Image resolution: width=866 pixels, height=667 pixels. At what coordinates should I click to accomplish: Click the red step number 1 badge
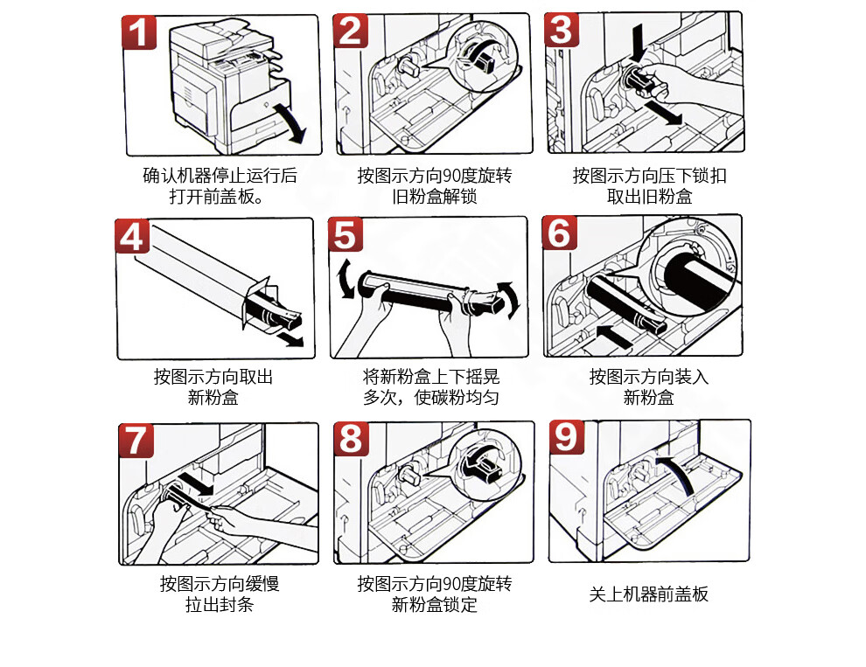[x=138, y=32]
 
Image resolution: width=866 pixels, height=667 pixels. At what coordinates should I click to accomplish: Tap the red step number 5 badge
[x=346, y=234]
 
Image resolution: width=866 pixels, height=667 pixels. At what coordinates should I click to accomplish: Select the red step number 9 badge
[x=566, y=437]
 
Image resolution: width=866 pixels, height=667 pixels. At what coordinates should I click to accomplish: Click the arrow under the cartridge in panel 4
[x=290, y=339]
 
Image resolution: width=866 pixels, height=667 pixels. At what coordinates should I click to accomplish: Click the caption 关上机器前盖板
[x=648, y=594]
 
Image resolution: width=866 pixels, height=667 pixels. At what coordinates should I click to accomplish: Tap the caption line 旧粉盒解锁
[x=434, y=197]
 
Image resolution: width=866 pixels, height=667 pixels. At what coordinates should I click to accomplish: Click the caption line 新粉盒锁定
[x=434, y=605]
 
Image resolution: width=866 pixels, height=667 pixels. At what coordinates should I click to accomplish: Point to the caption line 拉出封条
[x=220, y=605]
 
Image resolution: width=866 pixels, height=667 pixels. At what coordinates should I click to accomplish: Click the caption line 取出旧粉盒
[x=649, y=197]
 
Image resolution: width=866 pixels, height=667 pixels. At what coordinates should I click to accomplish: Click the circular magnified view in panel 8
[x=484, y=464]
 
